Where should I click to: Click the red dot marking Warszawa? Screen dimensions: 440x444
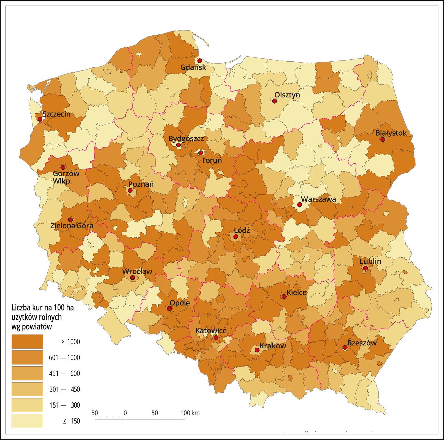pyautogui.click(x=299, y=205)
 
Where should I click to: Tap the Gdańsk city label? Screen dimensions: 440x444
pyautogui.click(x=193, y=67)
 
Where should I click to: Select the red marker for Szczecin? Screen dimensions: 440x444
pyautogui.click(x=40, y=119)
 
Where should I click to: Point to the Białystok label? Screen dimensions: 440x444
pyautogui.click(x=391, y=133)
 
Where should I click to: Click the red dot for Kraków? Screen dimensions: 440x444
pyautogui.click(x=257, y=350)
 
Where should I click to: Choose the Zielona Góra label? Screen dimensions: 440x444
pyautogui.click(x=72, y=226)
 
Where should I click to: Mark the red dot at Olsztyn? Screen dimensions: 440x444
pyautogui.click(x=274, y=101)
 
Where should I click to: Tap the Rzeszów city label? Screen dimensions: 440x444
pyautogui.click(x=362, y=343)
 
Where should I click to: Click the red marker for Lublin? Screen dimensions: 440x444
pyautogui.click(x=365, y=268)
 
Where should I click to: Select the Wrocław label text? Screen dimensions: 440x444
pyautogui.click(x=137, y=271)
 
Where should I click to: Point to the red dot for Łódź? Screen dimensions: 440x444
pyautogui.click(x=236, y=237)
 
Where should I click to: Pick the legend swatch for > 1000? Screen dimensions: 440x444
pyautogui.click(x=27, y=342)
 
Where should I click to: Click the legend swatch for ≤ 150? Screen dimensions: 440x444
pyautogui.click(x=27, y=421)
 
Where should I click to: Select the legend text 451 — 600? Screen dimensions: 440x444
pyautogui.click(x=64, y=373)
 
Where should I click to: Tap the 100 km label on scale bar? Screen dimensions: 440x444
pyautogui.click(x=190, y=413)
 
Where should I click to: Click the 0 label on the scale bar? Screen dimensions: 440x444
pyautogui.click(x=125, y=413)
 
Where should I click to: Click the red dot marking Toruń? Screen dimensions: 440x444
pyautogui.click(x=201, y=153)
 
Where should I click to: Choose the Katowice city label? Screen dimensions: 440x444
pyautogui.click(x=211, y=331)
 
